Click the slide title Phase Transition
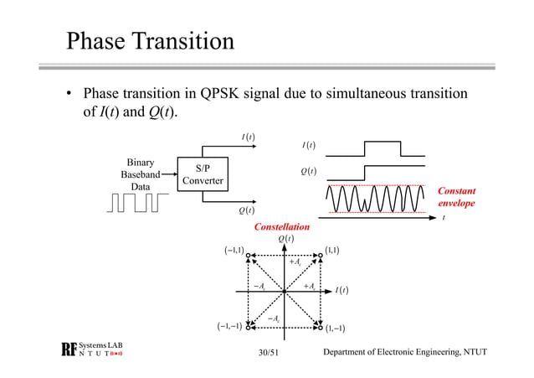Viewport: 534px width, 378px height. coord(150,41)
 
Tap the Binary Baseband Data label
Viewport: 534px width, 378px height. coord(140,174)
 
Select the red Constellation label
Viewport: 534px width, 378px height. coord(281,227)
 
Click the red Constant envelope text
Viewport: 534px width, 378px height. coord(456,197)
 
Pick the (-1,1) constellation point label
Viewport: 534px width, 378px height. coord(234,250)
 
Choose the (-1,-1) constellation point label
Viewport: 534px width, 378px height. coord(228,326)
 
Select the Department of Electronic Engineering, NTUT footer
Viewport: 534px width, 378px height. coord(406,350)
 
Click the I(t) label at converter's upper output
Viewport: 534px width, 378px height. coord(247,137)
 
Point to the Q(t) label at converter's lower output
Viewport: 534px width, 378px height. coord(246,210)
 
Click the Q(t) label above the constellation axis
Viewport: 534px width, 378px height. coord(285,239)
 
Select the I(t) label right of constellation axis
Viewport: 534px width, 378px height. coord(341,291)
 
